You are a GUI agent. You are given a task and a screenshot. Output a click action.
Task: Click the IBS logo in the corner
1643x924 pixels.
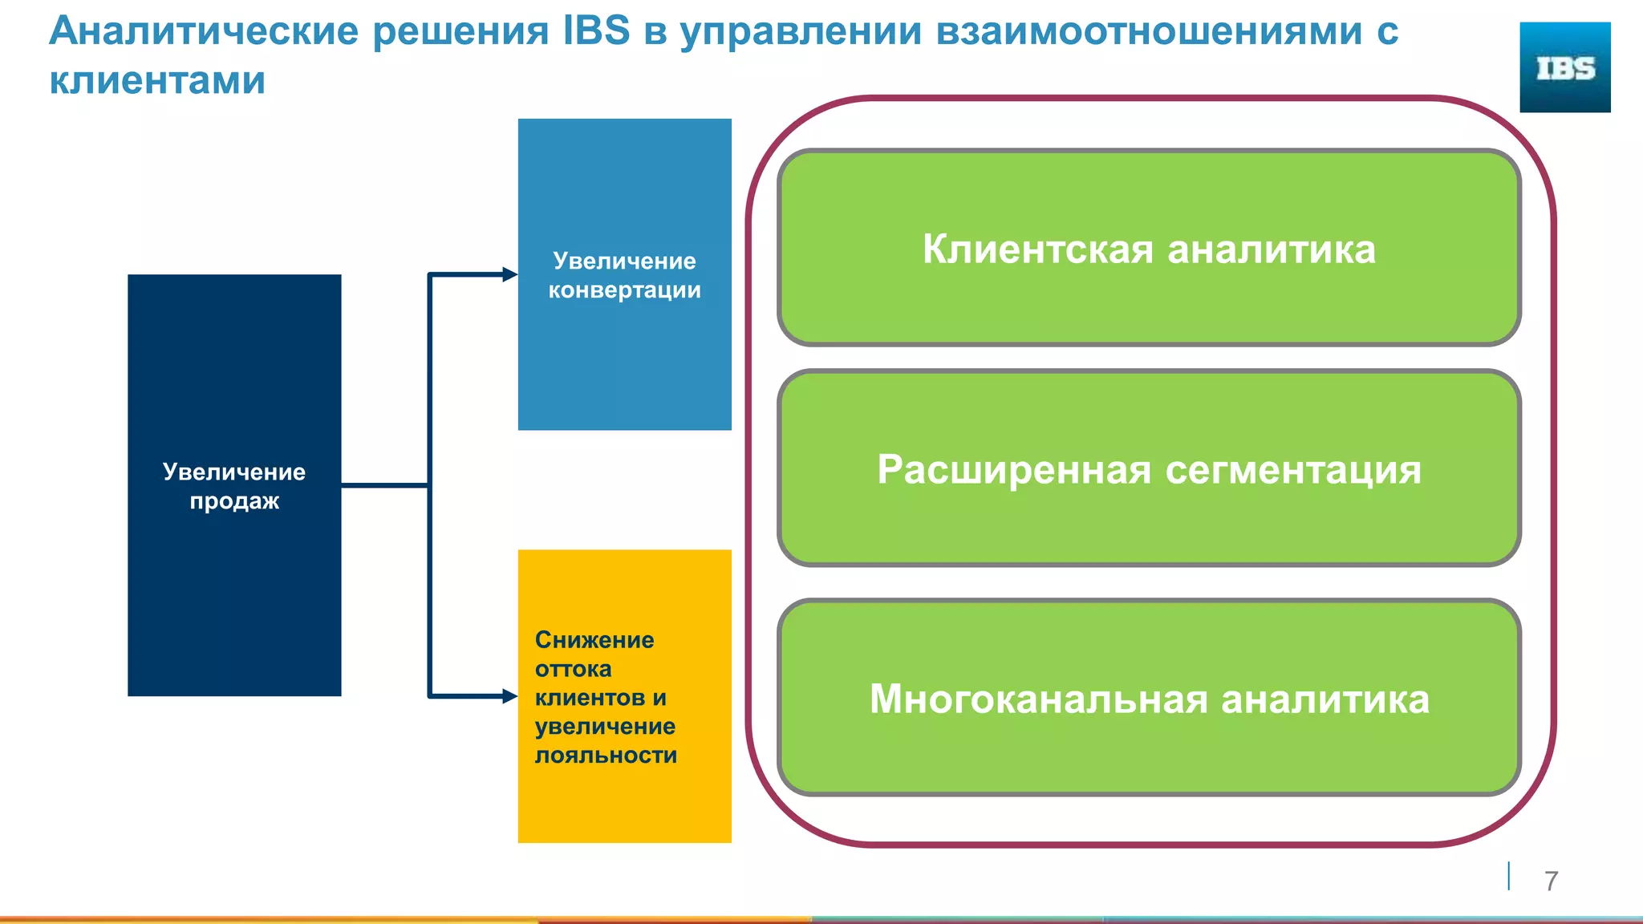(1564, 67)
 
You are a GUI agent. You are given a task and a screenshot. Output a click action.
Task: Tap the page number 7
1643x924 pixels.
(1551, 881)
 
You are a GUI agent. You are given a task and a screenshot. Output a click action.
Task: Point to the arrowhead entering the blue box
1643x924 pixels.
(510, 274)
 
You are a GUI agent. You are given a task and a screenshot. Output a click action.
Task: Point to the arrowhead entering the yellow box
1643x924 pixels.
(510, 695)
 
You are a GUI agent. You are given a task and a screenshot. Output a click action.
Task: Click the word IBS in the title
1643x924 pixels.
(596, 32)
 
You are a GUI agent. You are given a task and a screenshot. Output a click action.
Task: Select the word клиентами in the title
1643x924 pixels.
(157, 81)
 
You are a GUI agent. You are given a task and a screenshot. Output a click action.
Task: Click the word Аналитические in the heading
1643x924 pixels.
(204, 32)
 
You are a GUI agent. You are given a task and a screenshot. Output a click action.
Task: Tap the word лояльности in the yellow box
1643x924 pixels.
(606, 756)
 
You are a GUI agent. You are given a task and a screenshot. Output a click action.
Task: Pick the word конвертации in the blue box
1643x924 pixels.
(624, 290)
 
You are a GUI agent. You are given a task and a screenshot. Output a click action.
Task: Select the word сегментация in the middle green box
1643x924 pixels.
(1292, 471)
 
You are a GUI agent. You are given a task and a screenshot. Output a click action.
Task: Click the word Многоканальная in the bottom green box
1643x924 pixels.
(1038, 699)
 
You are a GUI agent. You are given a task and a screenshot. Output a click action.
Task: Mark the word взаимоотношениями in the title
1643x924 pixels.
(1149, 32)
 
